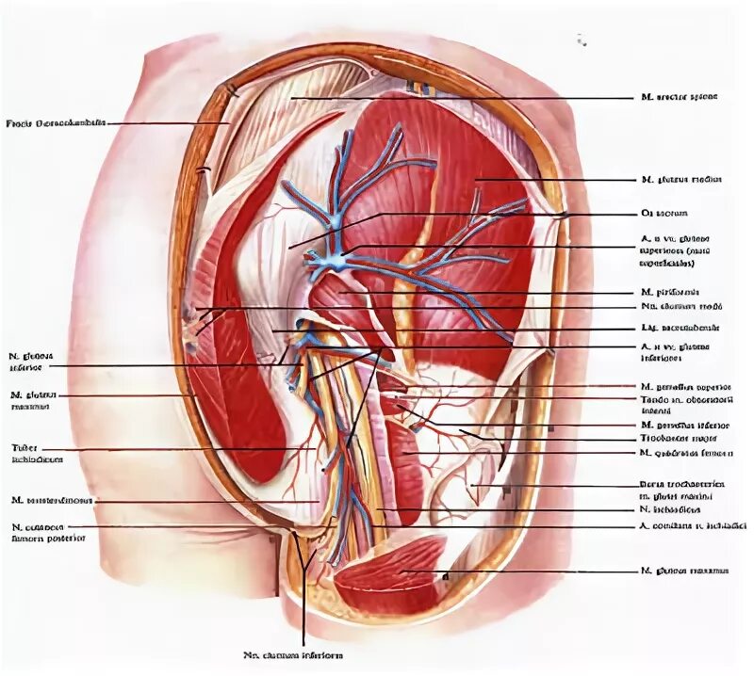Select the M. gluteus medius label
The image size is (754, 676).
[680, 179]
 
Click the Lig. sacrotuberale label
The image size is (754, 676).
[679, 329]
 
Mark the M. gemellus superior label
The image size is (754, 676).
[686, 386]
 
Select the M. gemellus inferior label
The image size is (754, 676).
[684, 425]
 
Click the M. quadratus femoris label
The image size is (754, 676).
[686, 453]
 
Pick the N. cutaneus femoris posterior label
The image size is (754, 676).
[47, 532]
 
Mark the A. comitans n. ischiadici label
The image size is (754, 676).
[692, 525]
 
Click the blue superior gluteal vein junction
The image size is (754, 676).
[331, 259]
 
